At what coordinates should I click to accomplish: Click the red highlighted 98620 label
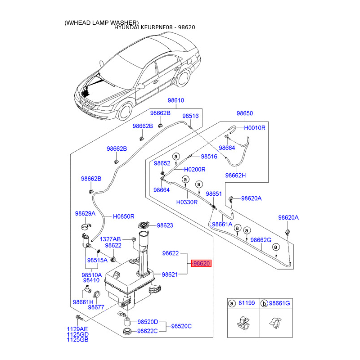pos(201,264)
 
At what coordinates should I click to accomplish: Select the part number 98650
pos(245,114)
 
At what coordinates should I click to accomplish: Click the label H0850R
pos(124,216)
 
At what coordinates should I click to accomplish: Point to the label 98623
pos(165,225)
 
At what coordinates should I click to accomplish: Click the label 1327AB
pos(110,239)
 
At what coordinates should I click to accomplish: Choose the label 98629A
pos(85,213)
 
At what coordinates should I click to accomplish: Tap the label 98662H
pos(236,175)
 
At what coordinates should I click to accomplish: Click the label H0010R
pos(255,128)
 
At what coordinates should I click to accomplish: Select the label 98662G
pos(261,240)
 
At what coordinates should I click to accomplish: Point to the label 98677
pos(96,307)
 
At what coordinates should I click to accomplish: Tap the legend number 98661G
pos(280,304)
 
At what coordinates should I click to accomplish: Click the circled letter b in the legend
pos(264,304)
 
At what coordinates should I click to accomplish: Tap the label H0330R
pos(187,202)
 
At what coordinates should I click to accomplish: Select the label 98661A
pos(222,224)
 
